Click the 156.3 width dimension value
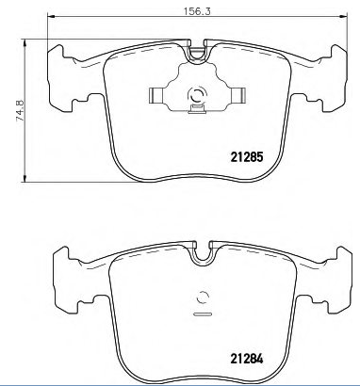click(197, 11)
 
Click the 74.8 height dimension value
click(20, 110)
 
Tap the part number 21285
click(247, 157)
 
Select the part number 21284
click(247, 359)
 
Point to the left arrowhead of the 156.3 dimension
click(51, 16)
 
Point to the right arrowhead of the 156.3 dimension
click(344, 16)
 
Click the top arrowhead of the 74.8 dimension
click(25, 43)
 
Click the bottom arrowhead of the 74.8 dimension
click(25, 178)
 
